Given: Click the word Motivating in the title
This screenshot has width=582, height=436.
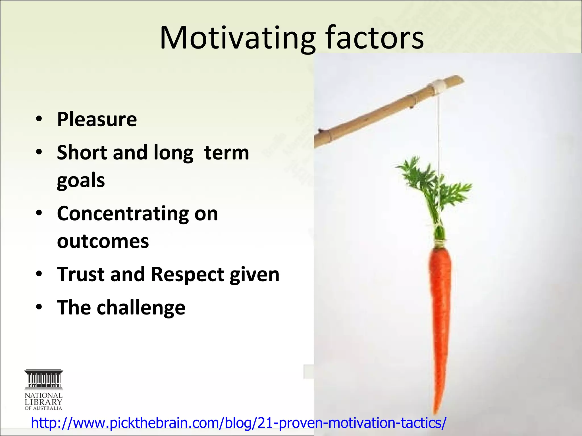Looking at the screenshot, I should [237, 38].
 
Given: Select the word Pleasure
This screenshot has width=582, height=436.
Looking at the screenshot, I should [97, 119].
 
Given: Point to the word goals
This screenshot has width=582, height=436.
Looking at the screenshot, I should [81, 181].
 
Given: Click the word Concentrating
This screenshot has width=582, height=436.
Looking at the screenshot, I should [122, 213].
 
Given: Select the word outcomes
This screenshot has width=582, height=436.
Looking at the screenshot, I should [103, 241].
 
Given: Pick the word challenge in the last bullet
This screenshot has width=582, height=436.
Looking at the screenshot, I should [141, 308].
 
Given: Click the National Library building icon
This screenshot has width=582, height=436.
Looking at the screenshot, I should [43, 379].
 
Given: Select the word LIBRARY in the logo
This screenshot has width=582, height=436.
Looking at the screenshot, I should [43, 402].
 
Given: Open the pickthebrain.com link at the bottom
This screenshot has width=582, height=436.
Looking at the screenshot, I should [238, 423].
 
